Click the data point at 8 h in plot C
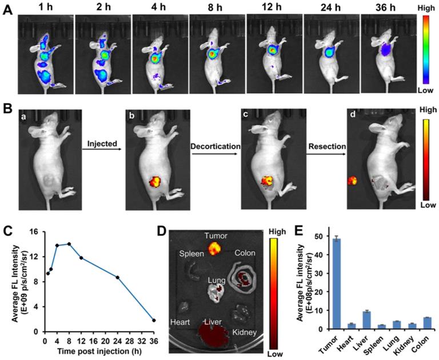(69, 244)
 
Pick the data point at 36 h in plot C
(154, 320)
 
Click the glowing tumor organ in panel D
(214, 248)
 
